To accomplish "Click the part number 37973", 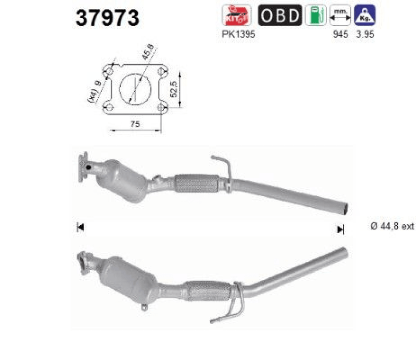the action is click(107, 18).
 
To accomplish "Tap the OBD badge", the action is click(280, 15).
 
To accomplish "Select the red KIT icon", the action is click(237, 15).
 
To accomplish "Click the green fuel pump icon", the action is click(316, 15).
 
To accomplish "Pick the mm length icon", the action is click(340, 15).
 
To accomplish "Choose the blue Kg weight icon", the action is click(365, 15).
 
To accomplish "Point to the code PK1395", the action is click(238, 34).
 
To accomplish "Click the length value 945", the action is click(340, 34).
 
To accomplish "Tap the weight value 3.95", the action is click(365, 34).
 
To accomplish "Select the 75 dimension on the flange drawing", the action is click(135, 124).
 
